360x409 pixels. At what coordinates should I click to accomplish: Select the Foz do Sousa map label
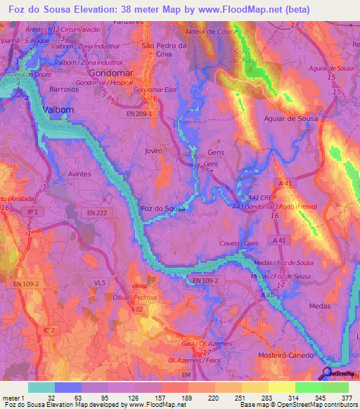pos(164,209)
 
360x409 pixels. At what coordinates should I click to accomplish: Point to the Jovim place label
pos(153,150)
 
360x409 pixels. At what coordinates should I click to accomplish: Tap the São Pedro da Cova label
pos(164,49)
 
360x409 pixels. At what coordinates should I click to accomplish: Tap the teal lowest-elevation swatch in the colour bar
pos(41,387)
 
